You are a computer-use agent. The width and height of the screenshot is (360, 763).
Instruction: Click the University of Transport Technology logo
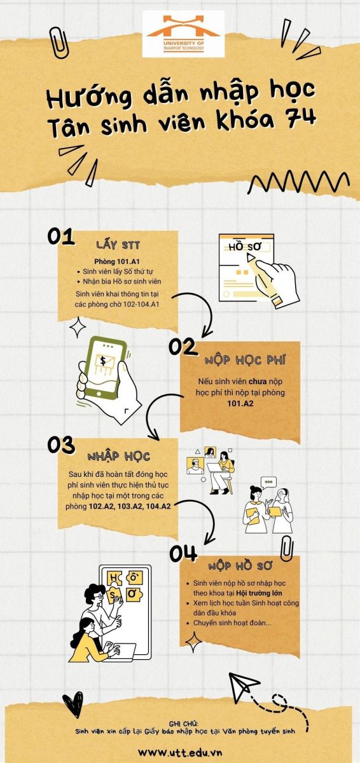[183, 34]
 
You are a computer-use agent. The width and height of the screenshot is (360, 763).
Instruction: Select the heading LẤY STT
[118, 245]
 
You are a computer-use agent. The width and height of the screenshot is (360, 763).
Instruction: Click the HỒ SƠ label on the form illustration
[244, 247]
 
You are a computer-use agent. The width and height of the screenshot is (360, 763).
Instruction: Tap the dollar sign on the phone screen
[103, 361]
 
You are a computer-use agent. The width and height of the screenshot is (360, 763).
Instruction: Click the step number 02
[183, 347]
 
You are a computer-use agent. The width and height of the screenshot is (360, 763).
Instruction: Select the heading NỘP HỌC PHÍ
[245, 361]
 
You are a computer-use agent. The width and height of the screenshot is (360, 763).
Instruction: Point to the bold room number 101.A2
[240, 404]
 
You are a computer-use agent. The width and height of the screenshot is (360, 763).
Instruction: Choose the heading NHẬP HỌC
[118, 457]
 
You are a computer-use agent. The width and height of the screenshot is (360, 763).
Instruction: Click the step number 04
[183, 554]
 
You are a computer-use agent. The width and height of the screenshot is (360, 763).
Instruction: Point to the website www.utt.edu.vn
[180, 752]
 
